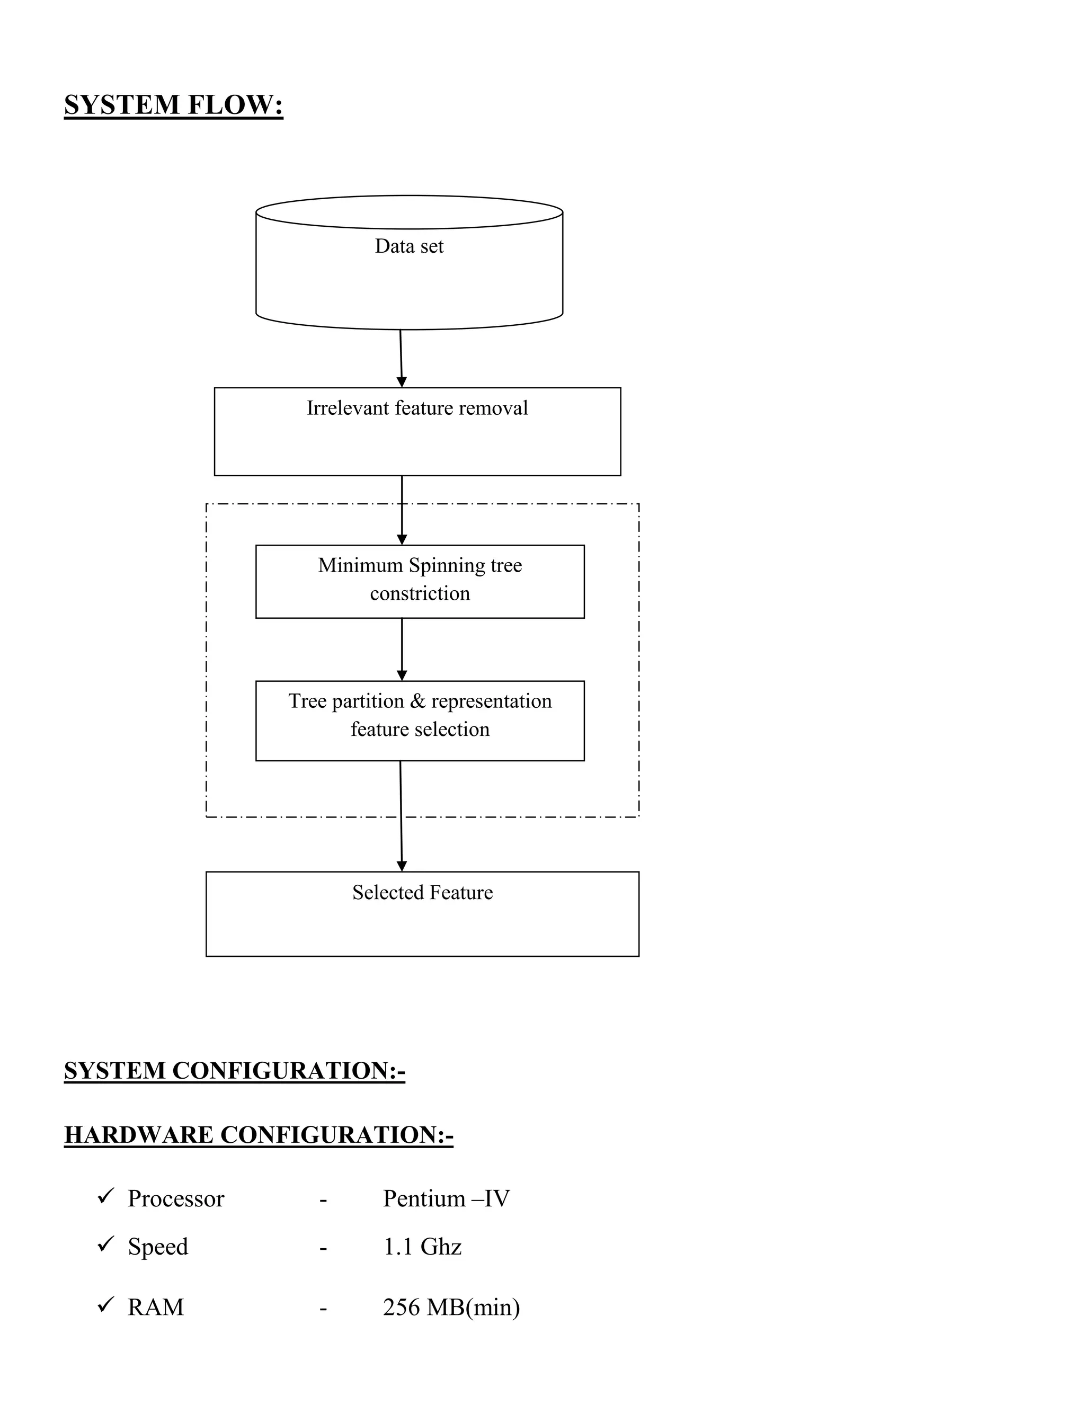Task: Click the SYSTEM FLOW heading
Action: tap(174, 105)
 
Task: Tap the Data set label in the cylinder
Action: tap(409, 246)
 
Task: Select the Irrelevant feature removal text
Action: tap(417, 408)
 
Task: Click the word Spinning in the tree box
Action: tap(447, 566)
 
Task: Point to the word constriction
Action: tap(420, 593)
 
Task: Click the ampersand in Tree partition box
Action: tap(418, 701)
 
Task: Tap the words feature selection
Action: tap(420, 730)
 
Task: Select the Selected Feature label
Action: tap(422, 892)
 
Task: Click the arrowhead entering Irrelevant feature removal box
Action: tap(402, 382)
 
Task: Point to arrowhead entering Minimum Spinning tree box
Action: tap(402, 539)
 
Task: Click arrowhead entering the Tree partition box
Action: tap(402, 675)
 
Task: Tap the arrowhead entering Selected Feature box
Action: tap(402, 866)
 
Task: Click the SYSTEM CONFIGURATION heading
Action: tap(235, 1071)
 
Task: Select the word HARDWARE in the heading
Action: tap(139, 1135)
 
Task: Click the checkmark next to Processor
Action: tap(105, 1197)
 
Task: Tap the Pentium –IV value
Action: tap(446, 1199)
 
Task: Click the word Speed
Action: tap(157, 1247)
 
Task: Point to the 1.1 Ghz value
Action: tap(422, 1247)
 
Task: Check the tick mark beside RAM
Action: tap(105, 1305)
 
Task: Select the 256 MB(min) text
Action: tap(451, 1308)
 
